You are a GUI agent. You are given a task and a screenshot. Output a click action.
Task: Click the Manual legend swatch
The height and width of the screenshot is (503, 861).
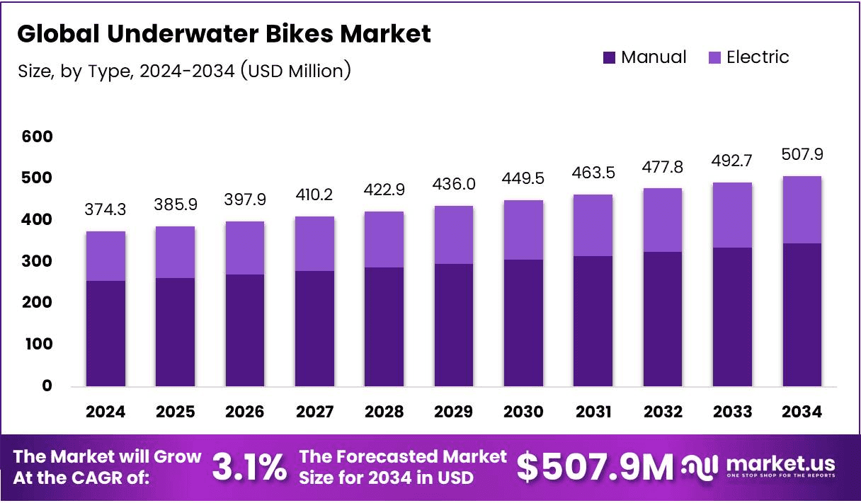610,58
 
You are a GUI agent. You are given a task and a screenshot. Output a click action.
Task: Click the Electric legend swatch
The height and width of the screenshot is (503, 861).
714,58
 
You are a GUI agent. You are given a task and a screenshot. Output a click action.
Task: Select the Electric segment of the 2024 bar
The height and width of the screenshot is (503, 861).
106,256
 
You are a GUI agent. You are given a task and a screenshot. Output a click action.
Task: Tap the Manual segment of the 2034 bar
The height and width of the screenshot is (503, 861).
802,315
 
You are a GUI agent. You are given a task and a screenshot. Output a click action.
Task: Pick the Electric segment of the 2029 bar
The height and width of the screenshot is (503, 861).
453,235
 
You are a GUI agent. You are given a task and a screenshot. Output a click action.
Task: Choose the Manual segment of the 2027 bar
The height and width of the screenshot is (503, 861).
314,328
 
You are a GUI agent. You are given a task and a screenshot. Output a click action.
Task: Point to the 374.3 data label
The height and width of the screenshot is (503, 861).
106,210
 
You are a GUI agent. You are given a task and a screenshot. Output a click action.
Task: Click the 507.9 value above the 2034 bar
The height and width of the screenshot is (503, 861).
802,154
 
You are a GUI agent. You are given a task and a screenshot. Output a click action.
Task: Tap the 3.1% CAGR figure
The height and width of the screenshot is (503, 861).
250,467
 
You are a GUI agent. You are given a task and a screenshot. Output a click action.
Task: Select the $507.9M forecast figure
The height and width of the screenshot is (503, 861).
595,467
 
